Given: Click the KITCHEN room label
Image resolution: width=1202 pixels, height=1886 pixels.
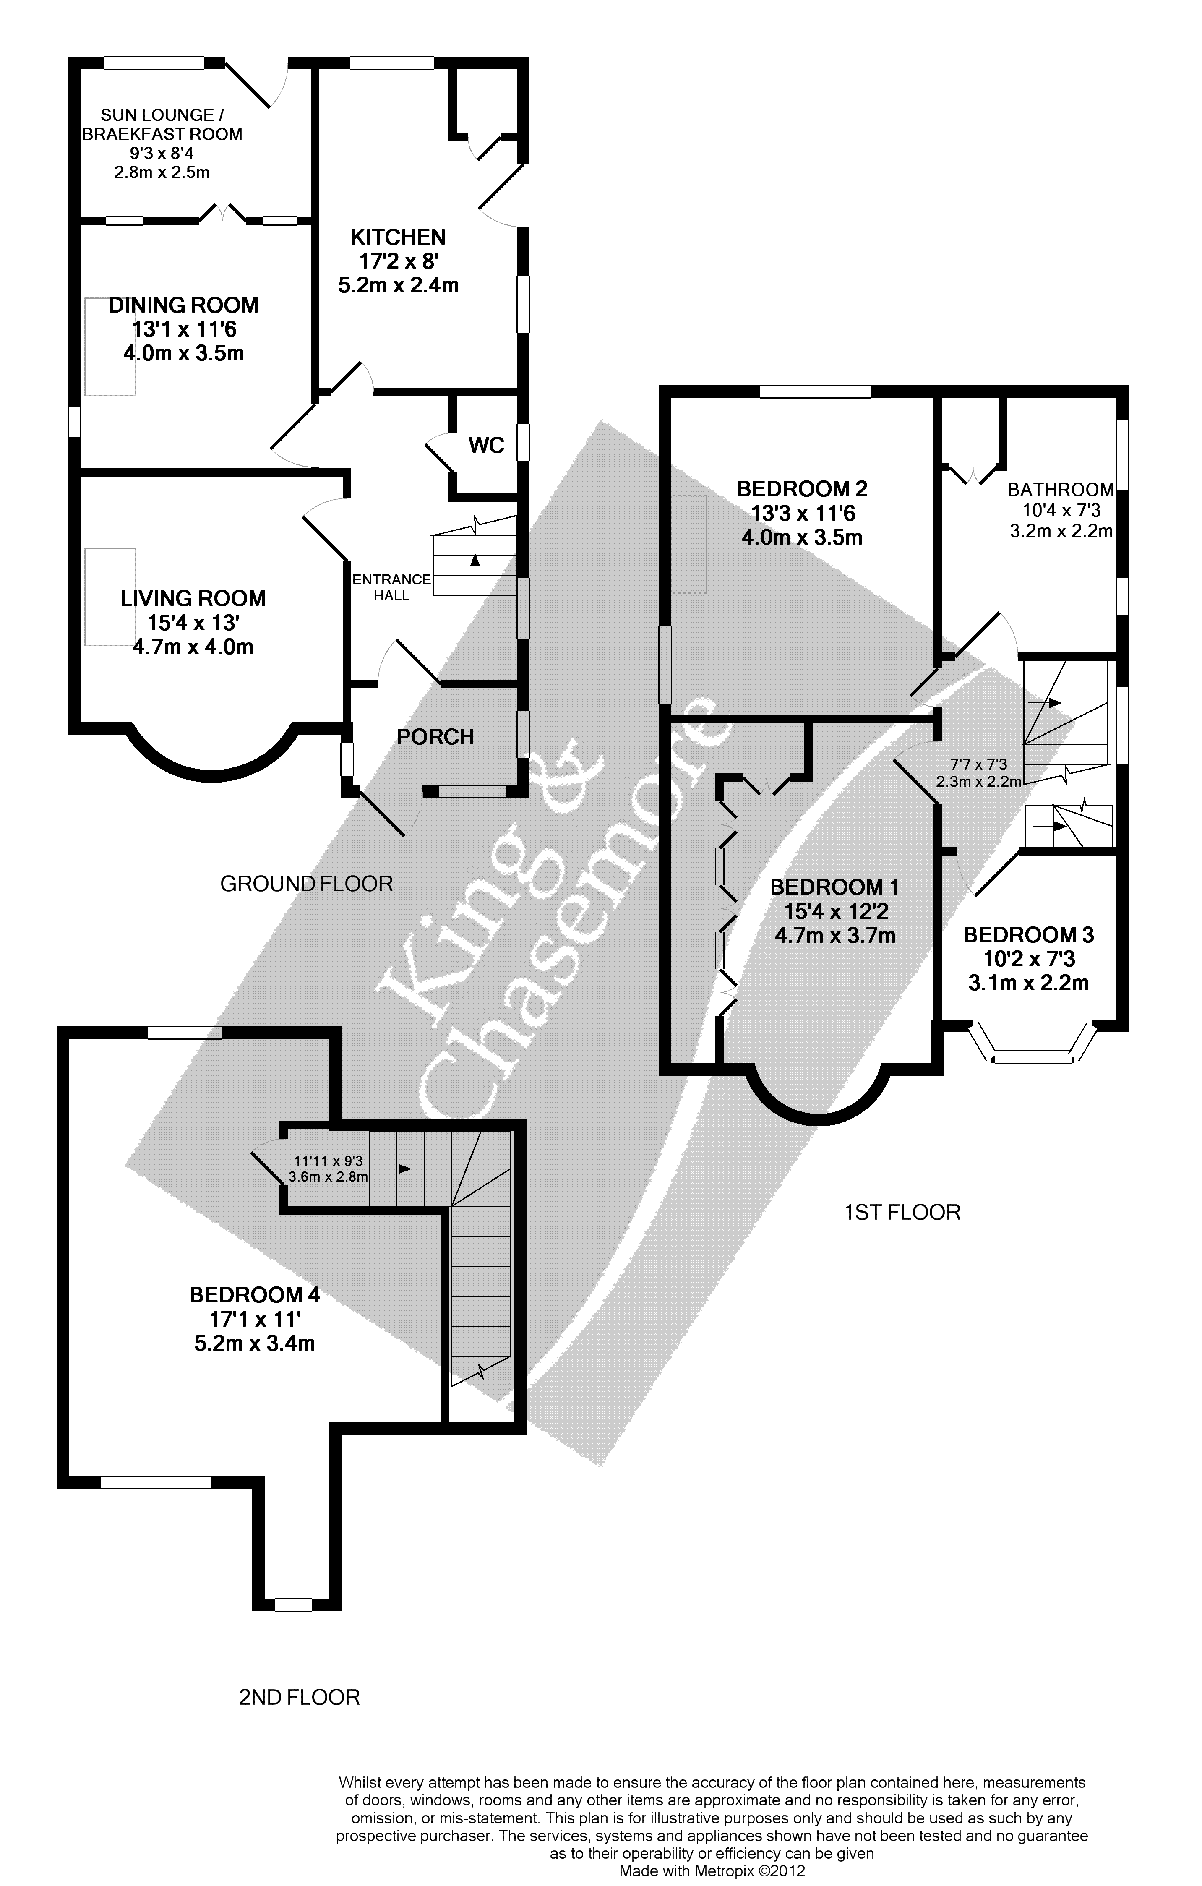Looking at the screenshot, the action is (x=398, y=237).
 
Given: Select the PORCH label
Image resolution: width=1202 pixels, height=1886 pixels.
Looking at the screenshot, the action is (x=435, y=737).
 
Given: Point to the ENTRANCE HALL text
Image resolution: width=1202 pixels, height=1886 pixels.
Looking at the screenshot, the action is (x=391, y=587).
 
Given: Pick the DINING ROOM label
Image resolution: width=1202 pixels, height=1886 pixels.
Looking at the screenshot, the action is (x=184, y=305).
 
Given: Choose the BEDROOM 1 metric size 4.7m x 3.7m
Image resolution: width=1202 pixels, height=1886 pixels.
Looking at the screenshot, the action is (x=835, y=935).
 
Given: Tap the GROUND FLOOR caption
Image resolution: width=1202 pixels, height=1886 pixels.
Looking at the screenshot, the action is (x=306, y=884).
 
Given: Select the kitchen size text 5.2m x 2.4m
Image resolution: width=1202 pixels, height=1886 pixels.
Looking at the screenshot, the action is (x=398, y=285).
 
